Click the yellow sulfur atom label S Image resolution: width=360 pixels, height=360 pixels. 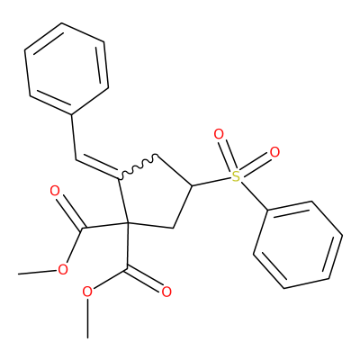(237, 176)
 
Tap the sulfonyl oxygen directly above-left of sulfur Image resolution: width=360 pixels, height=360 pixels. (219, 134)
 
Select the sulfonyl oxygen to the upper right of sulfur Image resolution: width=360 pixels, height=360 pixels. (274, 152)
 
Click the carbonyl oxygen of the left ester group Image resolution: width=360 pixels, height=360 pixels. (54, 191)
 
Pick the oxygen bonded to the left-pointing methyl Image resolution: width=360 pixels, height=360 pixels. (63, 270)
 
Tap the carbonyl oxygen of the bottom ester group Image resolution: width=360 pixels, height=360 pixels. (166, 292)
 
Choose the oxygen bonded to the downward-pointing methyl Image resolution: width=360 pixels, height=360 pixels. (87, 292)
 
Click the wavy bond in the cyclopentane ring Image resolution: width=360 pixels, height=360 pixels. (138, 166)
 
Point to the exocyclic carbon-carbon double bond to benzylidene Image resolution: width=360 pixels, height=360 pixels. (96, 167)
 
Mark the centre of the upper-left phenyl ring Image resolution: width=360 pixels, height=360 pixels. (67, 68)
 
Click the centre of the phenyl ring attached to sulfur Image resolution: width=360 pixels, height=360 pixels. (298, 245)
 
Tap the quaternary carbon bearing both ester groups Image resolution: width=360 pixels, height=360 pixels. (128, 223)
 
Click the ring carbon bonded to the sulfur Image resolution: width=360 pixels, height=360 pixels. (192, 186)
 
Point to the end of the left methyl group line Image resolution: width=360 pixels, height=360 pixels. (19, 274)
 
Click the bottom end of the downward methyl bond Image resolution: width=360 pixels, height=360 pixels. (87, 337)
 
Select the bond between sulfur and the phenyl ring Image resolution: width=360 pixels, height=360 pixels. (254, 196)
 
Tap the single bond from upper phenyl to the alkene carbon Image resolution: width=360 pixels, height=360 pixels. (74, 137)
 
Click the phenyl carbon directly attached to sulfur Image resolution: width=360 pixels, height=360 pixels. (267, 210)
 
